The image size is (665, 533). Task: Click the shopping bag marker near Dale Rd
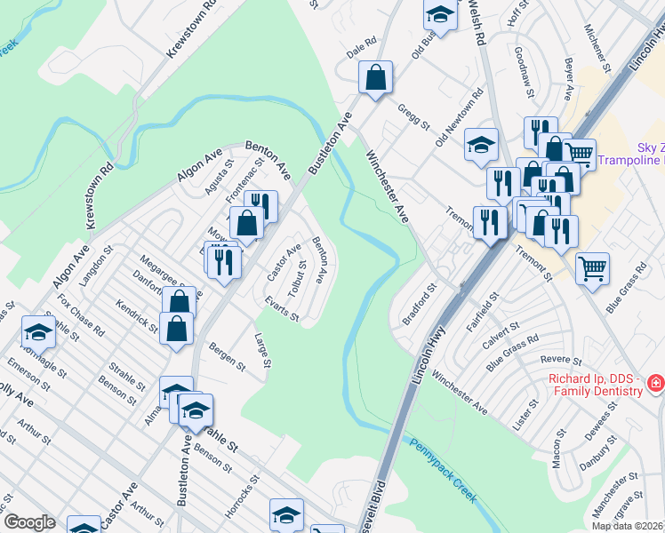[375, 78]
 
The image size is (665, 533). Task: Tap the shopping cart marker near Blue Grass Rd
[592, 267]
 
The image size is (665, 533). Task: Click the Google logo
[29, 521]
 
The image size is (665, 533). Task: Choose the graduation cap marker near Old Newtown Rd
[481, 145]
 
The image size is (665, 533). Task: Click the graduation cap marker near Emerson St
[38, 332]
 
